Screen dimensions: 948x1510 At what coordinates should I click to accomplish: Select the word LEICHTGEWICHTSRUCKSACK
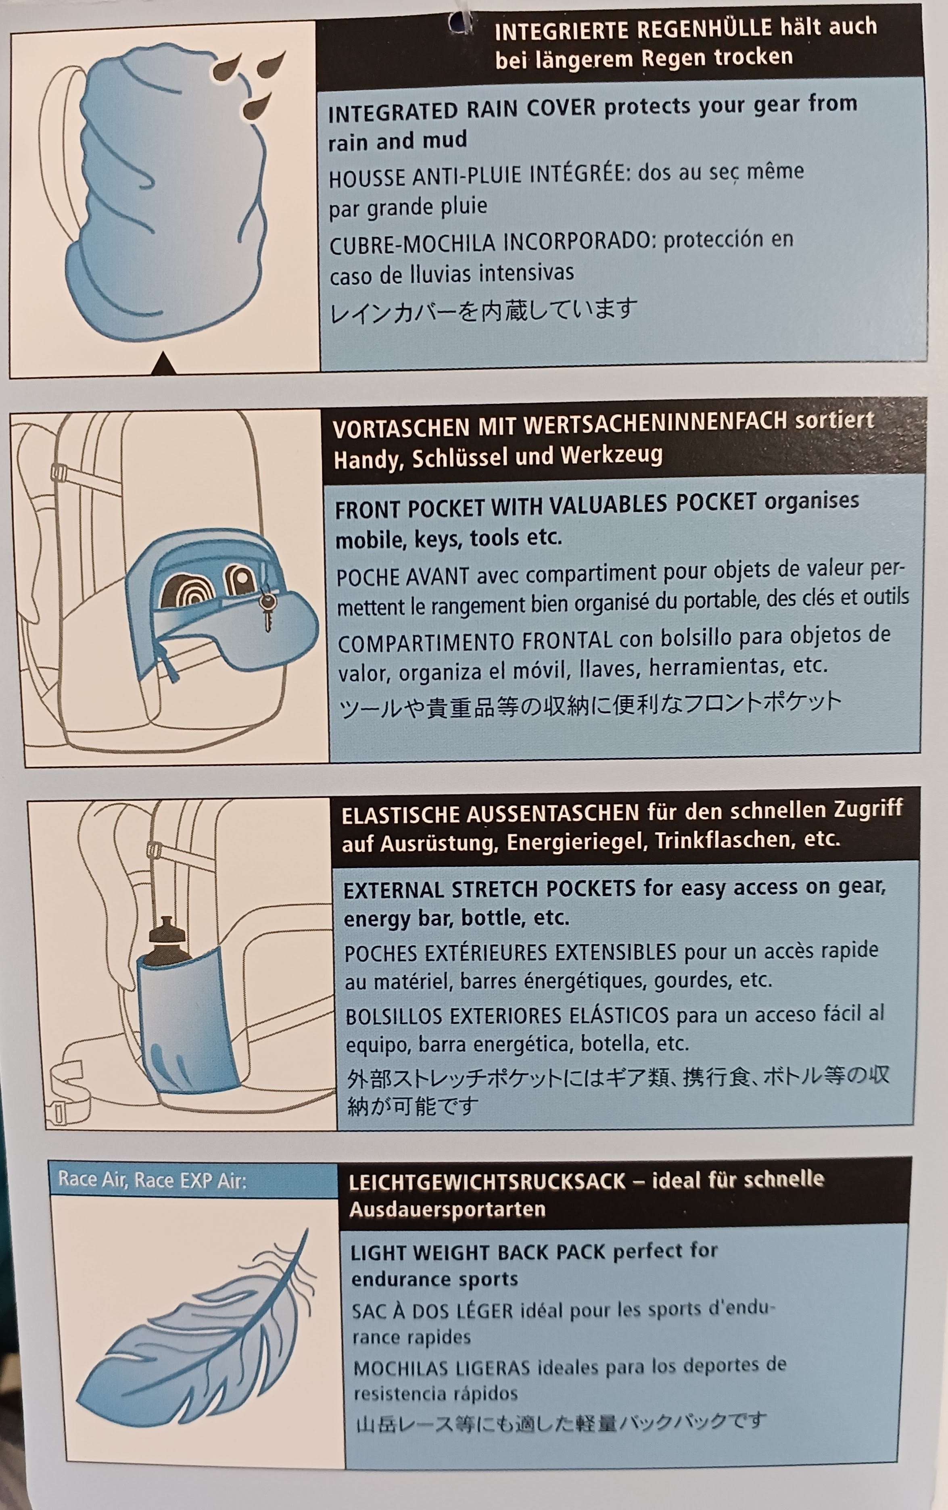click(487, 1182)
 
